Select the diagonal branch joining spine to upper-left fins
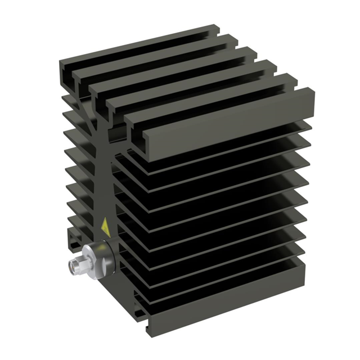90,121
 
